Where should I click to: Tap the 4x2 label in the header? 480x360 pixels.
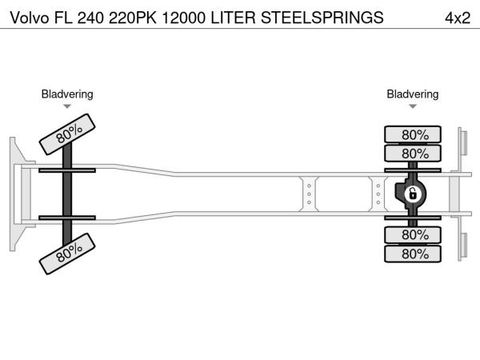(x=456, y=17)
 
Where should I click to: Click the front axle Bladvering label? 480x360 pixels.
(x=67, y=94)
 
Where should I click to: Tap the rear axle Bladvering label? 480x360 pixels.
(x=413, y=94)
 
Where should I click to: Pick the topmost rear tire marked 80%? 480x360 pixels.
(x=413, y=134)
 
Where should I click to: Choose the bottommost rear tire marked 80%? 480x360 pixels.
(x=413, y=254)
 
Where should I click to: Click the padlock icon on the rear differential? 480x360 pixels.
(x=413, y=194)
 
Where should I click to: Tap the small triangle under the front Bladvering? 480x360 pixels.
(x=67, y=106)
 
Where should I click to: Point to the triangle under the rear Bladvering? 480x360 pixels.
(x=413, y=106)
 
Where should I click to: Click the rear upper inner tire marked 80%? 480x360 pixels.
(x=413, y=153)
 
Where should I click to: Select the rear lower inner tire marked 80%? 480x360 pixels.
(x=413, y=234)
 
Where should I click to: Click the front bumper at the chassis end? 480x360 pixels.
(x=16, y=194)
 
